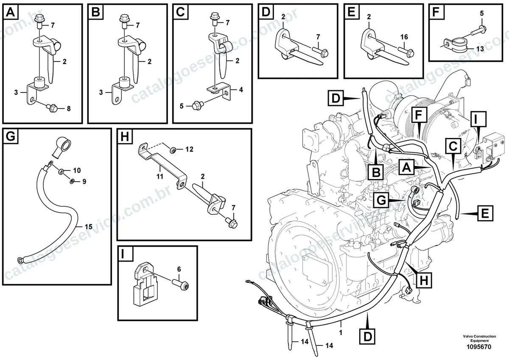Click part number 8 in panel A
pyautogui.click(x=69, y=109)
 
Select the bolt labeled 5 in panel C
pyautogui.click(x=198, y=105)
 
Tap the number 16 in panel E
pyautogui.click(x=404, y=37)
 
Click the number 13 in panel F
pyautogui.click(x=480, y=49)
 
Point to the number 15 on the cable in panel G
pyautogui.click(x=88, y=227)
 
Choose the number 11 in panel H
pyautogui.click(x=160, y=176)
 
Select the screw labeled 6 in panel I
pyautogui.click(x=181, y=284)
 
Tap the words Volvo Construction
pyautogui.click(x=479, y=336)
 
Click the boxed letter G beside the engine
pyautogui.click(x=381, y=200)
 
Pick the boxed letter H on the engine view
pyautogui.click(x=424, y=280)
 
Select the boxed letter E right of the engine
pyautogui.click(x=485, y=213)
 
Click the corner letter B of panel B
pyautogui.click(x=96, y=11)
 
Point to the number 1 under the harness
pyautogui.click(x=341, y=333)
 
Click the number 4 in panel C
pyautogui.click(x=241, y=90)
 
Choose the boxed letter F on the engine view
pyautogui.click(x=418, y=115)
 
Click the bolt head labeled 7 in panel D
pyautogui.click(x=325, y=53)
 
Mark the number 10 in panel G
pyautogui.click(x=77, y=170)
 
